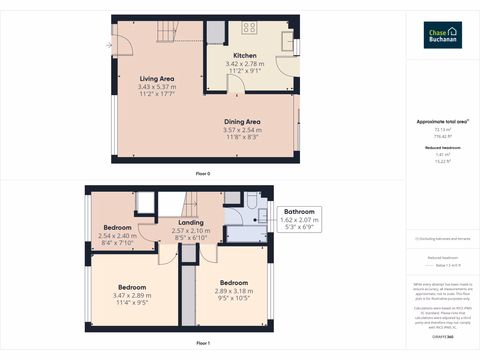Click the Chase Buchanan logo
pyautogui.click(x=443, y=35)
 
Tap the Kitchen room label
pyautogui.click(x=245, y=55)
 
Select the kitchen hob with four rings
pyautogui.click(x=249, y=28)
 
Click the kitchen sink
pyautogui.click(x=286, y=41)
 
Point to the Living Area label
pyautogui.click(x=157, y=79)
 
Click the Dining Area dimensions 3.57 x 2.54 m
pyautogui.click(x=242, y=130)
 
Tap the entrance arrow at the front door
pyautogui.click(x=109, y=45)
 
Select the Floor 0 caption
pyautogui.click(x=203, y=174)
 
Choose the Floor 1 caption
pyautogui.click(x=203, y=343)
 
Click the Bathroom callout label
pyautogui.click(x=299, y=211)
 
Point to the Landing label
pyautogui.click(x=191, y=223)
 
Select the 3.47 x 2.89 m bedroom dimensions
pyautogui.click(x=132, y=295)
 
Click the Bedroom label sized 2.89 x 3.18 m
pyautogui.click(x=234, y=283)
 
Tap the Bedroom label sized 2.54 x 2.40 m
pyautogui.click(x=117, y=228)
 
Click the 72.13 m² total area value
pyautogui.click(x=442, y=129)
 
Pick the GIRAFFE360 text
pyautogui.click(x=443, y=337)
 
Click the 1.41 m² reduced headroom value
pyautogui.click(x=442, y=154)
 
